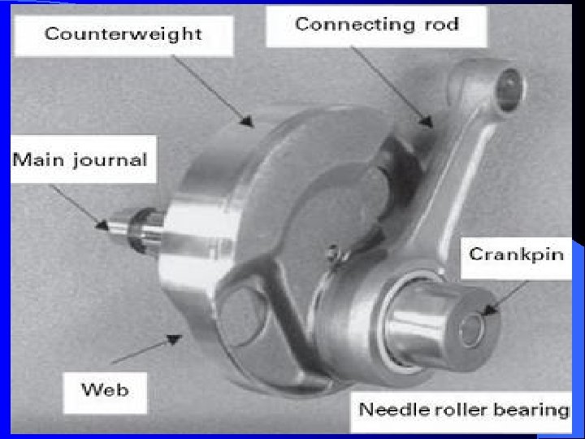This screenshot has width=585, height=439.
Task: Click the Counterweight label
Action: pyautogui.click(x=123, y=34)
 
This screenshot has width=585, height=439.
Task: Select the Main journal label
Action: pyautogui.click(x=80, y=159)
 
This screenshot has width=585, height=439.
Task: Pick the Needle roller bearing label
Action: pyautogui.click(x=464, y=408)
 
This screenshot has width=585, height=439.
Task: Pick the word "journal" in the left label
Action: pyautogui.click(x=113, y=159)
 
